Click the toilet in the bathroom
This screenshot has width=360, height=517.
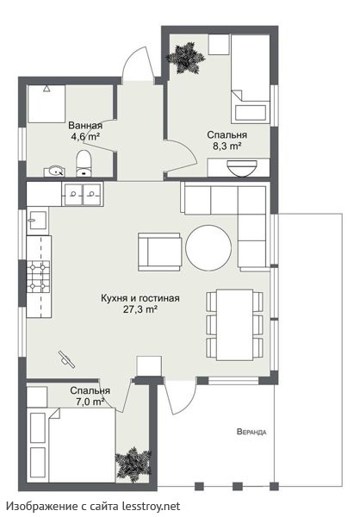tap(84, 163)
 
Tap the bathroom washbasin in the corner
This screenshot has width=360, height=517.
tap(55, 171)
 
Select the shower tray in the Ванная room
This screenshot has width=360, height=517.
tap(47, 104)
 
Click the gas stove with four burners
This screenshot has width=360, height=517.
tap(39, 277)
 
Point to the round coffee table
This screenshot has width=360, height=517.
tap(208, 247)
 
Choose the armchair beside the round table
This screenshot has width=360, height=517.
tap(159, 252)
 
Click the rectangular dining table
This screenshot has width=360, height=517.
tap(234, 325)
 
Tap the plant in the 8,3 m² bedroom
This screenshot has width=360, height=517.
tap(185, 58)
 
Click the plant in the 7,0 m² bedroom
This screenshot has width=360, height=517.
tap(133, 464)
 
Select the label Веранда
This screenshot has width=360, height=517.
tap(251, 432)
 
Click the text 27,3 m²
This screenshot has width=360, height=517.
tap(140, 309)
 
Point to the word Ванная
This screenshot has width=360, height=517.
tap(85, 126)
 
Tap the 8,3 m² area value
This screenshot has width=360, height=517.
tap(227, 146)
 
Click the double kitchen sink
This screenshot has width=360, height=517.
tap(83, 194)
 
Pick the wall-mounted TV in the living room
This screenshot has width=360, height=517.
tap(66, 358)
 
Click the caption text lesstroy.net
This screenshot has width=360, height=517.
tap(152, 506)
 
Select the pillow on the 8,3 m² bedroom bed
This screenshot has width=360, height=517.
tap(251, 112)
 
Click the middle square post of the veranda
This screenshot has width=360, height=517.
tap(238, 486)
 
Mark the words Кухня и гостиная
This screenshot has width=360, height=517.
tap(140, 298)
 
